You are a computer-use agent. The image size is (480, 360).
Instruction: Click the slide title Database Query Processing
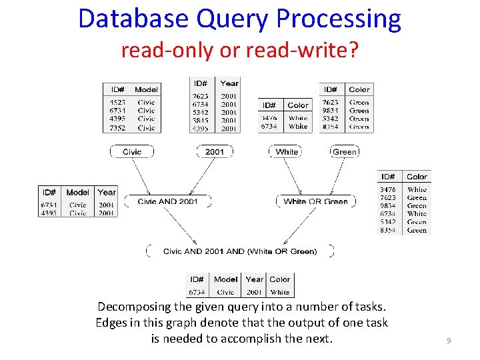[x=239, y=19]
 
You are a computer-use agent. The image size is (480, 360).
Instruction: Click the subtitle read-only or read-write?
[x=239, y=49]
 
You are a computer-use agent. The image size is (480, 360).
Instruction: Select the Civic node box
[x=132, y=152]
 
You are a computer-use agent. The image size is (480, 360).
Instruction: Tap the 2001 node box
[x=215, y=152]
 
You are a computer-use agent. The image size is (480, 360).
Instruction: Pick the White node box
[x=287, y=152]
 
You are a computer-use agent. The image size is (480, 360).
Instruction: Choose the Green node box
[x=345, y=152]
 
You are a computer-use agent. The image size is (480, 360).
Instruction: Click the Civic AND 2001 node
[x=167, y=201]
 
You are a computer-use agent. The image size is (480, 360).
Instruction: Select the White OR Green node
[x=315, y=201]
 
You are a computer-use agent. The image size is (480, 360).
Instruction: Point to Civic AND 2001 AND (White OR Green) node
[x=240, y=251]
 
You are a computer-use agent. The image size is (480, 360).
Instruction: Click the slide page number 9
[x=449, y=341]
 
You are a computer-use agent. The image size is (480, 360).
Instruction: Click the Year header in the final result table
[x=254, y=279]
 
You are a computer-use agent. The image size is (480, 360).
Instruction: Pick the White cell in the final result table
[x=280, y=292]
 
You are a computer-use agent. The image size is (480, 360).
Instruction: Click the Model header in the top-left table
[x=146, y=89]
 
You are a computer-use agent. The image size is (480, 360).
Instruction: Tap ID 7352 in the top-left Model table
[x=117, y=128]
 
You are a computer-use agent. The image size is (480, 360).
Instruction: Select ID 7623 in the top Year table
[x=200, y=96]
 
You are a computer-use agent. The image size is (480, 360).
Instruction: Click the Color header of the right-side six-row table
[x=417, y=177]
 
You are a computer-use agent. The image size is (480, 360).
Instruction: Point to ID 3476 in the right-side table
[x=387, y=189]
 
